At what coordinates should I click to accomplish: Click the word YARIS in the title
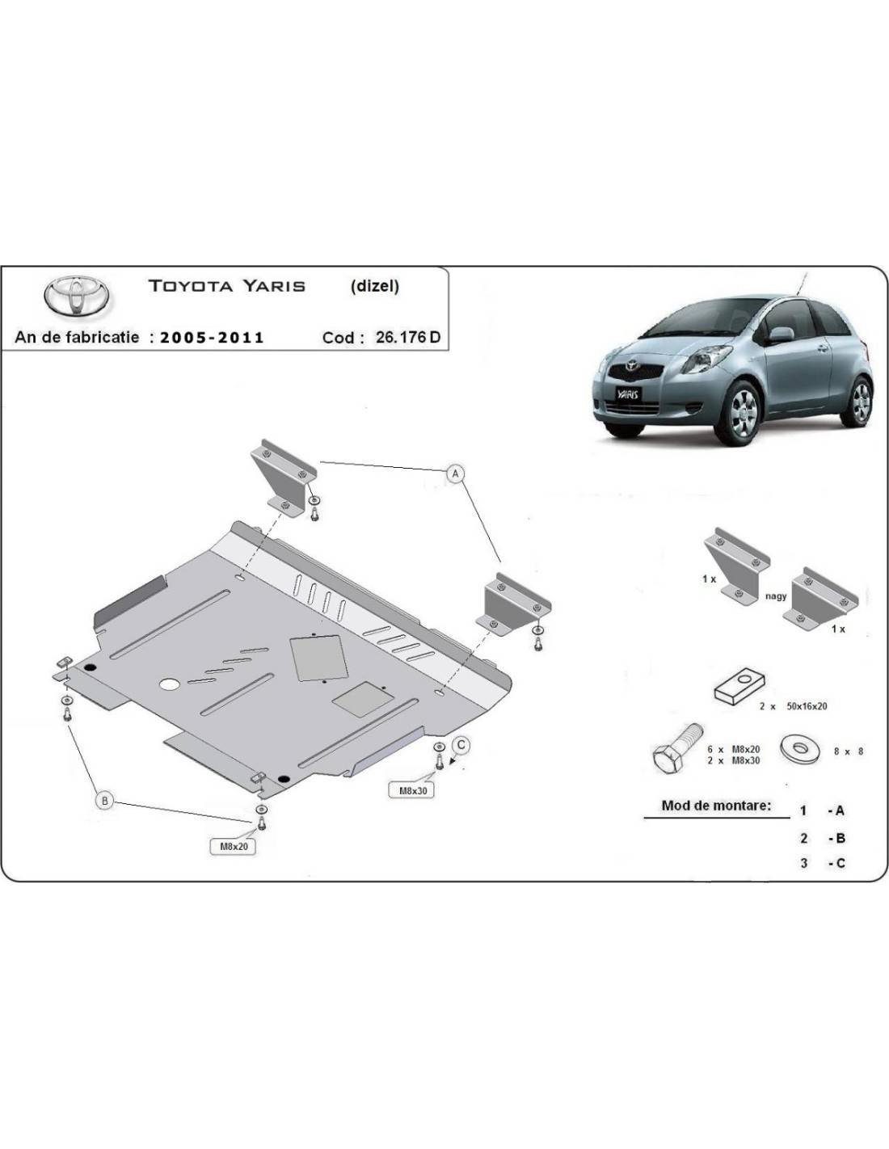point(274,286)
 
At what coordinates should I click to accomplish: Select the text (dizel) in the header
point(374,286)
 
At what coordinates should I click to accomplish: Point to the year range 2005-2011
point(212,338)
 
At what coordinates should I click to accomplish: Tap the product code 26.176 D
point(408,338)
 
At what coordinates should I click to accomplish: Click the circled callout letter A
point(456,473)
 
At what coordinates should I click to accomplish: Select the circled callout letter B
point(104,801)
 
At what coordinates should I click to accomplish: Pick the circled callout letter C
point(461,745)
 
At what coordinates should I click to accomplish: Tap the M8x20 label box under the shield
point(234,847)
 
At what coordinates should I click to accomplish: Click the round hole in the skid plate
point(171,684)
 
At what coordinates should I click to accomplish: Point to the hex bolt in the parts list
point(676,747)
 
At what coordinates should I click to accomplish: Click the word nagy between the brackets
point(777,596)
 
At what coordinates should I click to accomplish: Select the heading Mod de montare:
point(716,806)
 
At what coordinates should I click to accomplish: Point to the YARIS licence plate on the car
point(628,394)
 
